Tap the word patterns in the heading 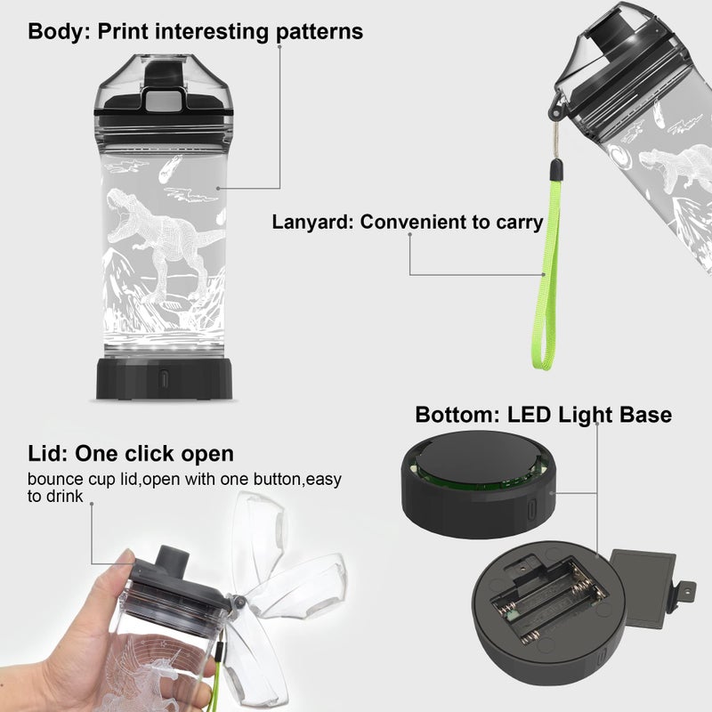pyautogui.click(x=320, y=33)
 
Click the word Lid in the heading pyautogui.click(x=48, y=454)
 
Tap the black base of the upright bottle pyautogui.click(x=165, y=379)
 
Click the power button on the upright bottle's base pyautogui.click(x=164, y=379)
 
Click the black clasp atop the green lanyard pyautogui.click(x=554, y=169)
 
